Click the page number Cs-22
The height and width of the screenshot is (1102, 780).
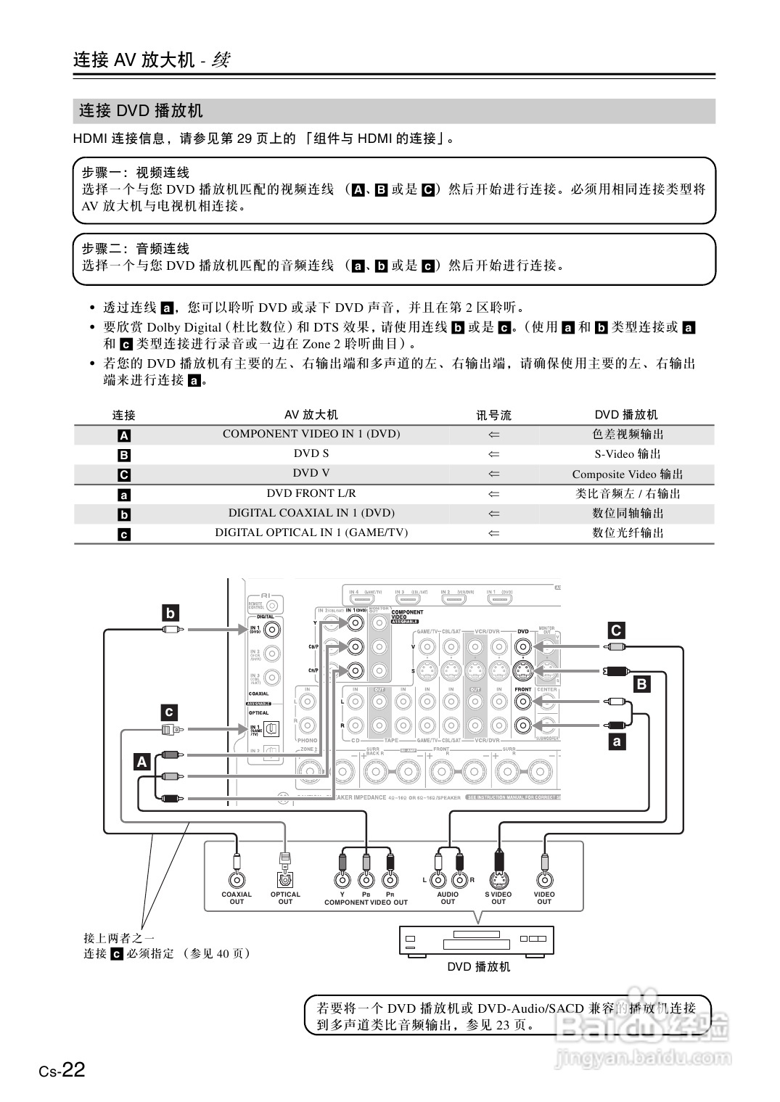[62, 1070]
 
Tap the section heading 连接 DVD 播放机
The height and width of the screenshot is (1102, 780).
[141, 111]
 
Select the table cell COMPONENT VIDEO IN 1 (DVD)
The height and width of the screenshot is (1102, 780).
[311, 434]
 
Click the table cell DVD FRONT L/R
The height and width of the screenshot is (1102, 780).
[311, 493]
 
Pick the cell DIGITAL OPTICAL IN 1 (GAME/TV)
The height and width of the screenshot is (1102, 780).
[311, 533]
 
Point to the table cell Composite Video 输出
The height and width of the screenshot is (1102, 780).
[628, 474]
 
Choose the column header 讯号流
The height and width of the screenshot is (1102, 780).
[493, 415]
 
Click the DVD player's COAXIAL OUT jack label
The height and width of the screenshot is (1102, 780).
[237, 898]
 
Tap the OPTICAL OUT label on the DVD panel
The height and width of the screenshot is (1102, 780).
[285, 898]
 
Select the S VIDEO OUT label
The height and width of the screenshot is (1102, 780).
[498, 898]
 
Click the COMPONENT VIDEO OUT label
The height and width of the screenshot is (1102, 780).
[366, 902]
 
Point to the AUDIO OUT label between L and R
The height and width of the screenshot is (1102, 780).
[448, 898]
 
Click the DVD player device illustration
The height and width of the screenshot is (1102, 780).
[477, 940]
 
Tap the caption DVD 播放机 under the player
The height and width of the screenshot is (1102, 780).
[479, 967]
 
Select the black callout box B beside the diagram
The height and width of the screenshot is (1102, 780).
[641, 684]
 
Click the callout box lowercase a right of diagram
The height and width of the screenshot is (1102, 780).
[617, 741]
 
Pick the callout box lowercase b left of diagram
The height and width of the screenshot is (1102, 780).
[170, 613]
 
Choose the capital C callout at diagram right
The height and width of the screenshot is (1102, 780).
[616, 630]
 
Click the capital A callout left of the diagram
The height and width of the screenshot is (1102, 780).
[142, 762]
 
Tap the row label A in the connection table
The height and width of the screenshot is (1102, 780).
[124, 435]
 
